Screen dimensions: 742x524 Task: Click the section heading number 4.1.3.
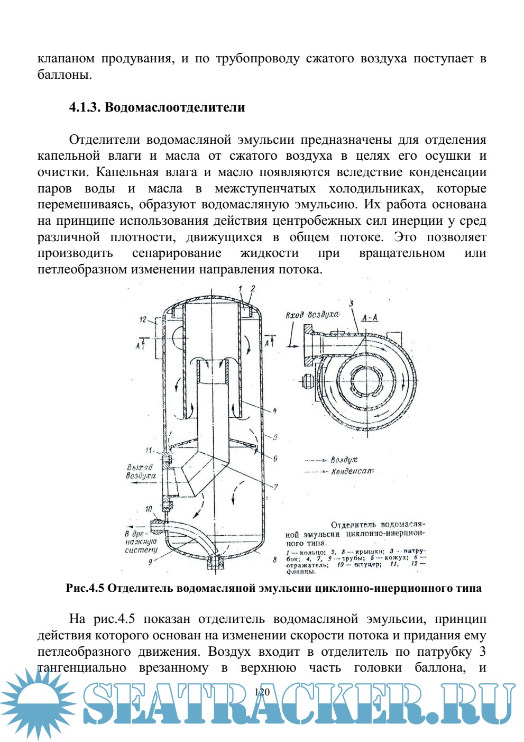pyautogui.click(x=85, y=107)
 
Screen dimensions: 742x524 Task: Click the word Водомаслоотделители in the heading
pyautogui.click(x=175, y=107)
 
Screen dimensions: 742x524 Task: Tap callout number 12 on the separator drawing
pyautogui.click(x=143, y=319)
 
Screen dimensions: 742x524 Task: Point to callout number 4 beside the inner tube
pyautogui.click(x=274, y=410)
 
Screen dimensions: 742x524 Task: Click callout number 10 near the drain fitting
pyautogui.click(x=149, y=509)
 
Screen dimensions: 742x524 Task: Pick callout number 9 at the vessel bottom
pyautogui.click(x=150, y=562)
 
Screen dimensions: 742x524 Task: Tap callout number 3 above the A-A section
pyautogui.click(x=351, y=304)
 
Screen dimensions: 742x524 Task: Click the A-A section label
pyautogui.click(x=370, y=318)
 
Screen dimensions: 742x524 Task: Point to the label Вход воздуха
pyautogui.click(x=312, y=315)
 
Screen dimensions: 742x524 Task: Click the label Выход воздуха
pyautogui.click(x=141, y=471)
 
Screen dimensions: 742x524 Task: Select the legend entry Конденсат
pyautogui.click(x=352, y=471)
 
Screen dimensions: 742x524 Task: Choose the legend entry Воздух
pyautogui.click(x=344, y=460)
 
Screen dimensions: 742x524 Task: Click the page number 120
pyautogui.click(x=262, y=692)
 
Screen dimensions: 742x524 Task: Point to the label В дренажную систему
pyautogui.click(x=141, y=542)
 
